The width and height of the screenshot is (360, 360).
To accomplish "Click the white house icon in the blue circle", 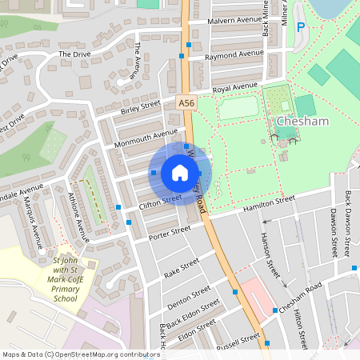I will pos(180,173).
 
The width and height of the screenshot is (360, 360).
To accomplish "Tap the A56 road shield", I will pos(186,103).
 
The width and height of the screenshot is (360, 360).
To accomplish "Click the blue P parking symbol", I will pos(301,27).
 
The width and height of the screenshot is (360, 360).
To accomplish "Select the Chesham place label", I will pos(302,122).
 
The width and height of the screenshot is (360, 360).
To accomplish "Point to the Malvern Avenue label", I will pos(234,19).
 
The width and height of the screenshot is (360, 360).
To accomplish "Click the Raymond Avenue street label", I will pos(234,55).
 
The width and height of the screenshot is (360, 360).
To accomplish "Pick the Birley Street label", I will pos(140,108).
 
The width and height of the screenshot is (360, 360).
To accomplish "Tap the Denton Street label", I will pos(188,296).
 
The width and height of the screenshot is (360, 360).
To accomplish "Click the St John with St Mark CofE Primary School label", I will pos(65,279).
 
